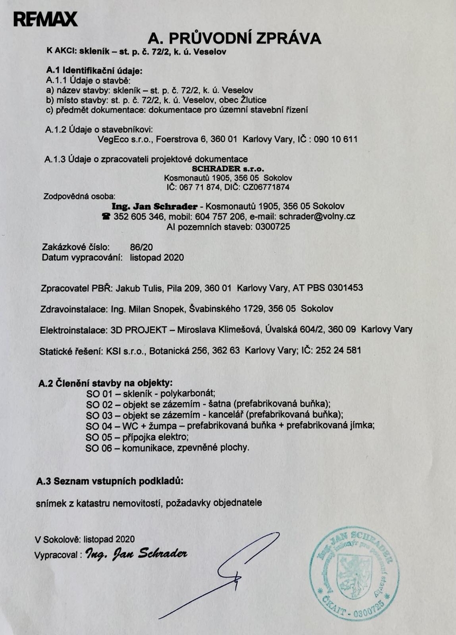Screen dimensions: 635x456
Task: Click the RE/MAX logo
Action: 46,20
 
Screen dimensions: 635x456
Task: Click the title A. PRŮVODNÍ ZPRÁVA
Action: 235,39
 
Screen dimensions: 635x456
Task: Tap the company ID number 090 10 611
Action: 336,140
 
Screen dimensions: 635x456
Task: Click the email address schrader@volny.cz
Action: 317,216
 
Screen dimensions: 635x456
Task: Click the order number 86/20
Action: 140,247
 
